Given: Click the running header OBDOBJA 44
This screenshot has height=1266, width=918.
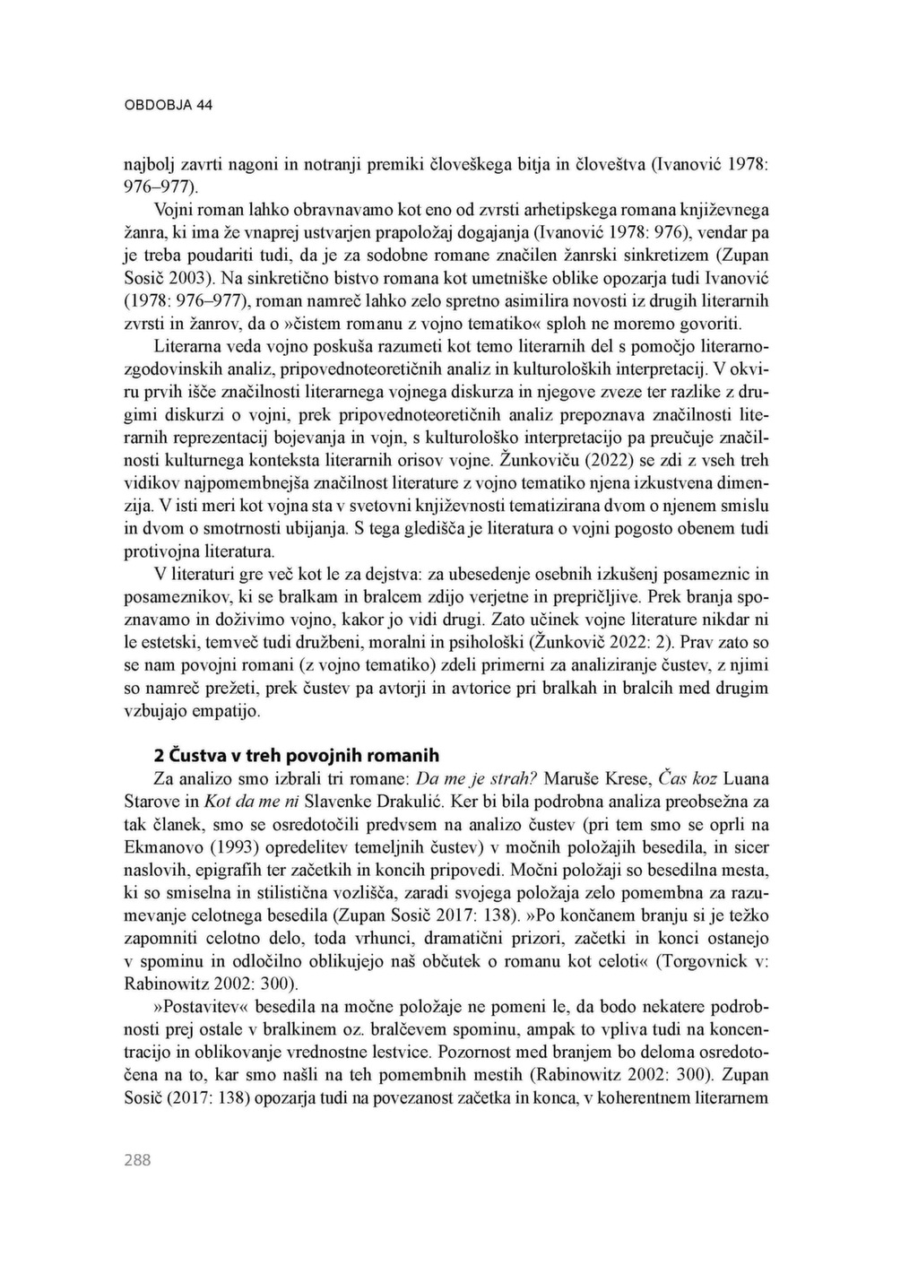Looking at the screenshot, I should tap(168, 105).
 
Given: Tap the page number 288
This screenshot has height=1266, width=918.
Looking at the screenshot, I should tap(137, 1160).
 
